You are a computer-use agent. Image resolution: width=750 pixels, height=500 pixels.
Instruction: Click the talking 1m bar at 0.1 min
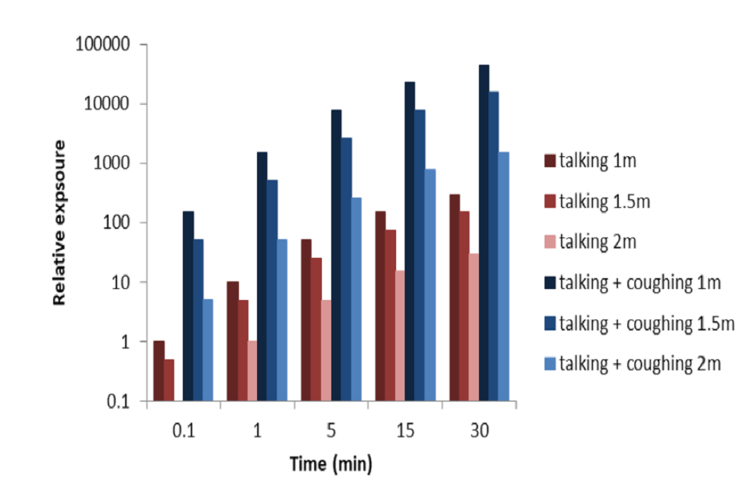pyautogui.click(x=159, y=371)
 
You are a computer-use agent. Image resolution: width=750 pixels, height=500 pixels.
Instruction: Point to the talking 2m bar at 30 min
pyautogui.click(x=474, y=327)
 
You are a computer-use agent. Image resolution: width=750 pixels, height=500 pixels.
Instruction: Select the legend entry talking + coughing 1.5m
pyautogui.click(x=646, y=323)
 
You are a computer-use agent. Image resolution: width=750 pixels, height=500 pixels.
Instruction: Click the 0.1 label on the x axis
pyautogui.click(x=184, y=430)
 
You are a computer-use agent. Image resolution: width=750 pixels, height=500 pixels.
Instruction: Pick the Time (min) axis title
pyautogui.click(x=330, y=464)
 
